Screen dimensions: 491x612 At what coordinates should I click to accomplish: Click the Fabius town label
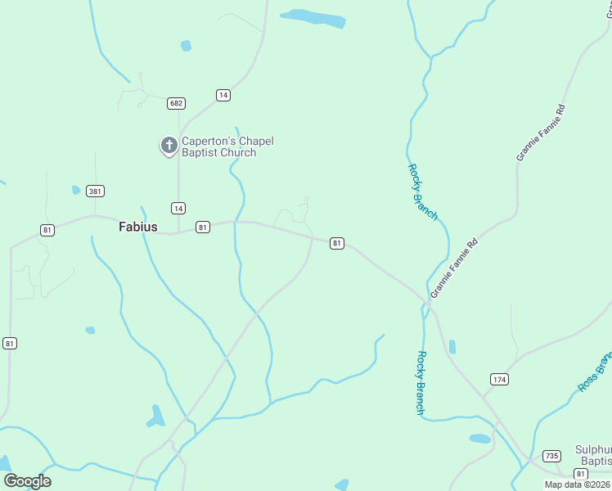click(137, 227)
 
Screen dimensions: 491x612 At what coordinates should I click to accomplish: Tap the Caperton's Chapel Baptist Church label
click(227, 146)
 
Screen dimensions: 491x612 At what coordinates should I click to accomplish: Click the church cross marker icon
click(169, 146)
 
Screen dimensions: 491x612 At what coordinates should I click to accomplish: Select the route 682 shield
click(176, 103)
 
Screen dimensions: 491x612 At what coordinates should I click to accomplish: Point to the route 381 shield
click(95, 191)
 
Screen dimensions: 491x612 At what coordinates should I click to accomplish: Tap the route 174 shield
click(499, 379)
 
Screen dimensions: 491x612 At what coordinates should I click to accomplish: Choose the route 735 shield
click(551, 456)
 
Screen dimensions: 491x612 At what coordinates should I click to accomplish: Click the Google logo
click(27, 481)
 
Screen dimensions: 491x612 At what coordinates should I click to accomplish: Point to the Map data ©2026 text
click(578, 484)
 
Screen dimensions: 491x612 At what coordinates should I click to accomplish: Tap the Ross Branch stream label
click(594, 372)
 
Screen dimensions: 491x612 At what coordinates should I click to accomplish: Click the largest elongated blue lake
click(313, 17)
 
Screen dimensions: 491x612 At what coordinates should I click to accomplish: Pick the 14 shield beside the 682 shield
click(223, 95)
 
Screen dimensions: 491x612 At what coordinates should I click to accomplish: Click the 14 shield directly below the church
click(178, 207)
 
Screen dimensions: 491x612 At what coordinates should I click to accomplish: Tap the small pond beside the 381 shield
click(76, 190)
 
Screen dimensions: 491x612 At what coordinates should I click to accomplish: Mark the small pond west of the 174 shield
click(452, 347)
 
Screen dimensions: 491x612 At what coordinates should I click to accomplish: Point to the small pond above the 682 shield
click(186, 46)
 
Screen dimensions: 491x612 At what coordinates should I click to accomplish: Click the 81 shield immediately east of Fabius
click(203, 227)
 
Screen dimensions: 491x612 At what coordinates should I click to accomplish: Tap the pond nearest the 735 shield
click(480, 439)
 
